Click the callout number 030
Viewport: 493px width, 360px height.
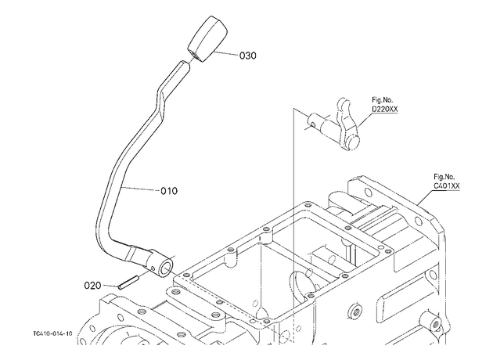point(248,56)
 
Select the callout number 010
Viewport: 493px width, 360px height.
point(169,191)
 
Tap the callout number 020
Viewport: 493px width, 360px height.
point(92,286)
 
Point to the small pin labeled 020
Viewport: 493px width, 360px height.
point(128,283)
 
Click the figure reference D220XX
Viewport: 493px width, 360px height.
point(384,109)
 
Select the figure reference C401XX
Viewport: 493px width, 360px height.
point(447,186)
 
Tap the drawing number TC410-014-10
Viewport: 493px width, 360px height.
point(52,333)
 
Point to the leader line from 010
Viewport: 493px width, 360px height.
point(140,189)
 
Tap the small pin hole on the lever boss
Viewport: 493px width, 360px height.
point(153,268)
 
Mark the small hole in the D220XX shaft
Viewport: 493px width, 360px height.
point(312,125)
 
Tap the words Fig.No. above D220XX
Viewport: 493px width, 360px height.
point(383,100)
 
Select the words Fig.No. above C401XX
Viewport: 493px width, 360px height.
point(444,177)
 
